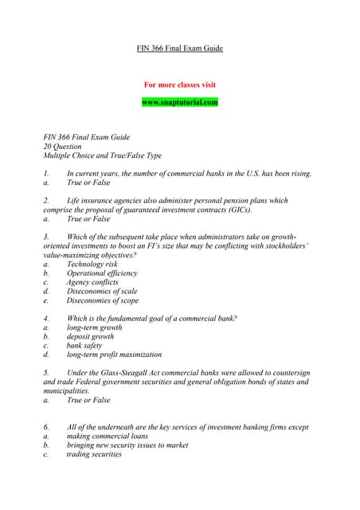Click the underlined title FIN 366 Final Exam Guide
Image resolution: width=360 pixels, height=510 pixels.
pyautogui.click(x=180, y=49)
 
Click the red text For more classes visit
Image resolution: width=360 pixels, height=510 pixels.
pyautogui.click(x=179, y=84)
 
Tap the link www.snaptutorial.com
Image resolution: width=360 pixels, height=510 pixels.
pyautogui.click(x=179, y=102)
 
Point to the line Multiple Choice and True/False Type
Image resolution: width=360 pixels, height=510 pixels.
pyautogui.click(x=102, y=155)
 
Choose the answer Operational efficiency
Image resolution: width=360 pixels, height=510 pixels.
pyautogui.click(x=102, y=273)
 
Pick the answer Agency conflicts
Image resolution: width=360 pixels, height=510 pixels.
pyautogui.click(x=92, y=282)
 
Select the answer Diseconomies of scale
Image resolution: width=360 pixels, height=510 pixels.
pyautogui.click(x=102, y=292)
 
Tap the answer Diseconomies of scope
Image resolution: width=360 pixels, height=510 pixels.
pyautogui.click(x=102, y=300)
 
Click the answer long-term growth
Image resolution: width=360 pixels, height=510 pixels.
pyautogui.click(x=94, y=328)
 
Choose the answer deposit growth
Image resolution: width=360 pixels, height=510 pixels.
pyautogui.click(x=90, y=336)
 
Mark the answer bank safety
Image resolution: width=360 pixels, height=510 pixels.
pyautogui.click(x=85, y=346)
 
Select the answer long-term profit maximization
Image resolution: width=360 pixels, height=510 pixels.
pyautogui.click(x=114, y=355)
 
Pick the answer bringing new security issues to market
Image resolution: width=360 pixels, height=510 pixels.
pyautogui.click(x=127, y=445)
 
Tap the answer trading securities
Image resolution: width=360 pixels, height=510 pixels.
pyautogui.click(x=94, y=455)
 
